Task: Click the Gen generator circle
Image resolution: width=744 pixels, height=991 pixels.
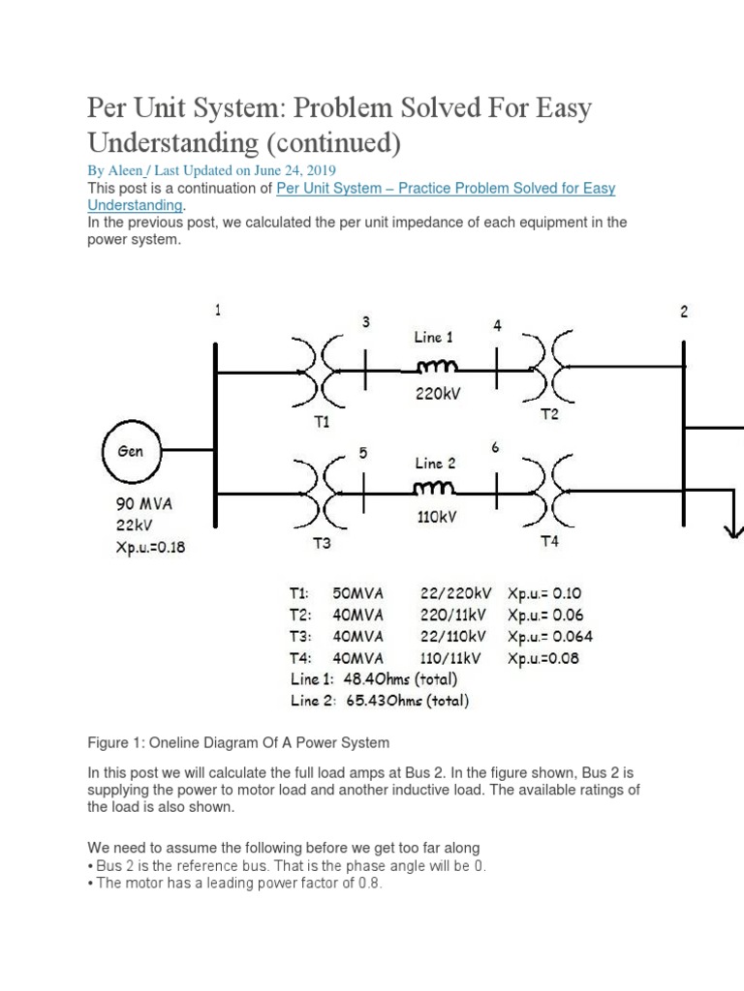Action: click(x=130, y=451)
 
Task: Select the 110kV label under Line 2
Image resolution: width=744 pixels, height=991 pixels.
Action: click(x=436, y=517)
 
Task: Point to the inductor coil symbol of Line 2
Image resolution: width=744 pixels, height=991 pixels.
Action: click(x=435, y=490)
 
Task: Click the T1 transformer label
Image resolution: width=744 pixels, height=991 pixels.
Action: click(x=323, y=422)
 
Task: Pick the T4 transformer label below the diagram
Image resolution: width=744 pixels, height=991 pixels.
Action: click(x=549, y=542)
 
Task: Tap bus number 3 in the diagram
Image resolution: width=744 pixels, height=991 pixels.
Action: click(x=366, y=322)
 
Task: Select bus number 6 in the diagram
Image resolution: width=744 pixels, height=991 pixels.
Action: click(x=495, y=447)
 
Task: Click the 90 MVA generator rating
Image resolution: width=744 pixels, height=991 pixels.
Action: click(x=143, y=504)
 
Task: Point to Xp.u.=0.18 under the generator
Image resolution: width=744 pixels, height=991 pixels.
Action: click(x=150, y=547)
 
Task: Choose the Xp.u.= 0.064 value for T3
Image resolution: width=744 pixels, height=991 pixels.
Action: click(x=550, y=637)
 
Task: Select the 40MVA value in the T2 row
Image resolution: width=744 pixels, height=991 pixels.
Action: click(x=357, y=616)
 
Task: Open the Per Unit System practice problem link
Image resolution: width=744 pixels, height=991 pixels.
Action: click(x=446, y=189)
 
